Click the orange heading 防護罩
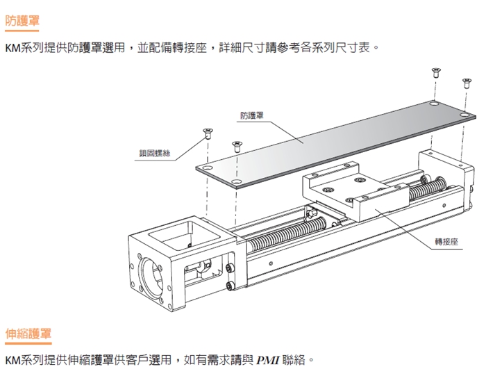(x=22, y=21)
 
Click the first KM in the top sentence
(x=12, y=49)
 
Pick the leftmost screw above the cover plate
(x=207, y=131)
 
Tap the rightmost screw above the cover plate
(x=466, y=82)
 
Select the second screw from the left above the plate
(x=236, y=145)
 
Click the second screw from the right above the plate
(x=435, y=71)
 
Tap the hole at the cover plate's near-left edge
(x=237, y=183)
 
